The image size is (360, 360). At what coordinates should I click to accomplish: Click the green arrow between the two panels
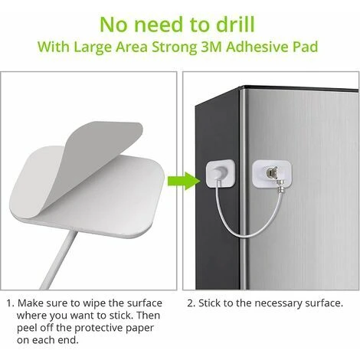click(x=184, y=181)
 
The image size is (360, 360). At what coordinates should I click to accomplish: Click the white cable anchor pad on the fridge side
click(x=221, y=172)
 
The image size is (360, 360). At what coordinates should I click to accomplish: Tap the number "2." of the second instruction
click(x=191, y=303)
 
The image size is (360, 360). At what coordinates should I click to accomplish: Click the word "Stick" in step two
click(x=210, y=303)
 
